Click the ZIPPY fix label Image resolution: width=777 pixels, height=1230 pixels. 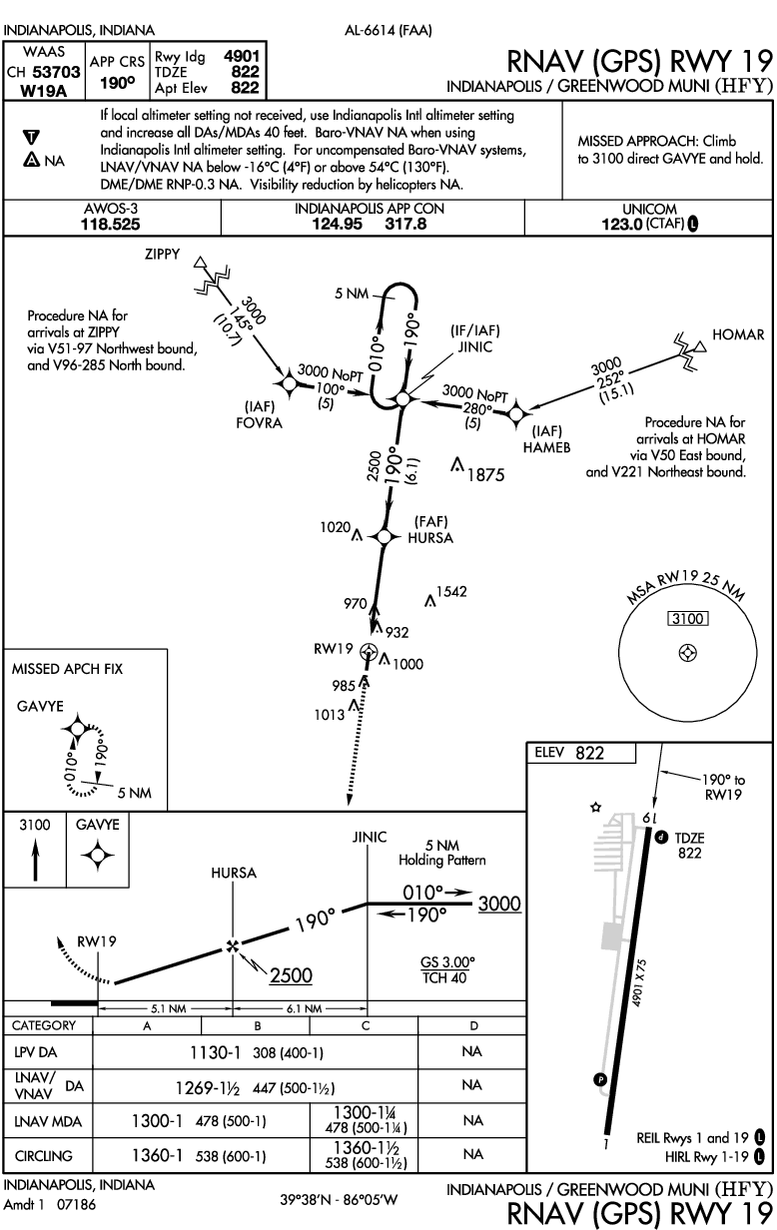(163, 256)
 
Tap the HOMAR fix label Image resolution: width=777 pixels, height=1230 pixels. (739, 334)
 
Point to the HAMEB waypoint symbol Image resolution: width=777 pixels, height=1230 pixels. (516, 413)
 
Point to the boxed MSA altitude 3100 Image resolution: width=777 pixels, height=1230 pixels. (688, 619)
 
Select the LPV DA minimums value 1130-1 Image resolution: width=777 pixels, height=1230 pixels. (222, 1052)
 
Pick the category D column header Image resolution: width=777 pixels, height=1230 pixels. (473, 1025)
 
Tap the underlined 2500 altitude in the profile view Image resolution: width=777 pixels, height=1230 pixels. (293, 974)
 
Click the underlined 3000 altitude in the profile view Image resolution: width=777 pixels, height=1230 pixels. (500, 904)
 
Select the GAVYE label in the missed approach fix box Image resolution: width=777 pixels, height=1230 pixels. (40, 705)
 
